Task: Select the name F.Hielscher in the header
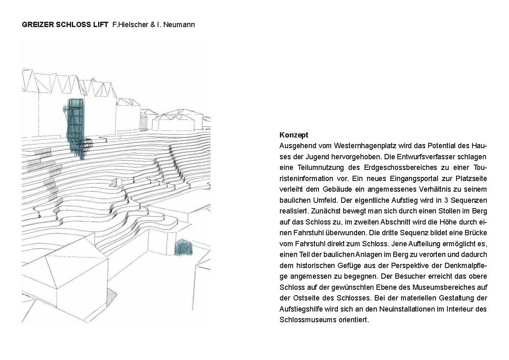(x=129, y=25)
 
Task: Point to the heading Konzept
(x=293, y=135)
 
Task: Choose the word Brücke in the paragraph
(x=475, y=233)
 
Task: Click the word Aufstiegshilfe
(x=301, y=309)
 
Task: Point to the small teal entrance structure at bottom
(x=183, y=248)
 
